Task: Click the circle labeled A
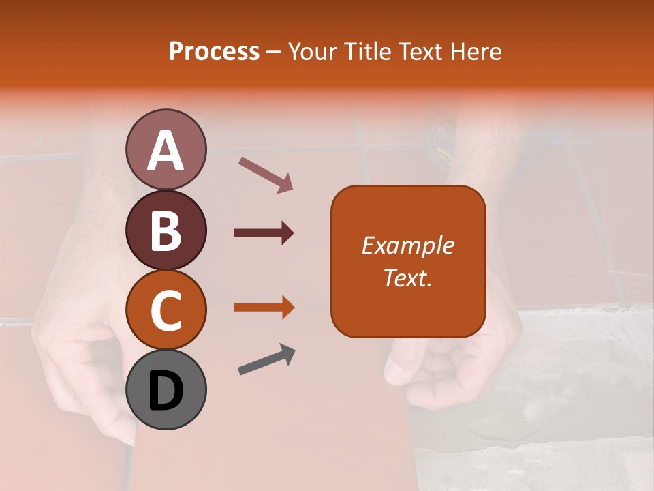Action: coord(166,149)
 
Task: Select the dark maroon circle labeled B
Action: coord(166,230)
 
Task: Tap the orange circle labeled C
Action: coord(166,310)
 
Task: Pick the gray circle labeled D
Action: coord(166,389)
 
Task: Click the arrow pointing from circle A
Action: coord(266,174)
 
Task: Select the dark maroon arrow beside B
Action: coord(264,233)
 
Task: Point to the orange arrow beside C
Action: coord(264,308)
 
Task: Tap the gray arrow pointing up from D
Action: coord(266,359)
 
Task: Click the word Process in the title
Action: coord(214,52)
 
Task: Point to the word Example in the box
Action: coord(407,246)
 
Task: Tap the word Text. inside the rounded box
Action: coord(407,278)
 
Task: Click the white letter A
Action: coord(166,151)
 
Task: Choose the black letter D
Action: coord(166,391)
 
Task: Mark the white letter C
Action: coord(166,311)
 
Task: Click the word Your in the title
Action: coord(312,52)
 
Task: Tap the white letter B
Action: coord(166,231)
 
